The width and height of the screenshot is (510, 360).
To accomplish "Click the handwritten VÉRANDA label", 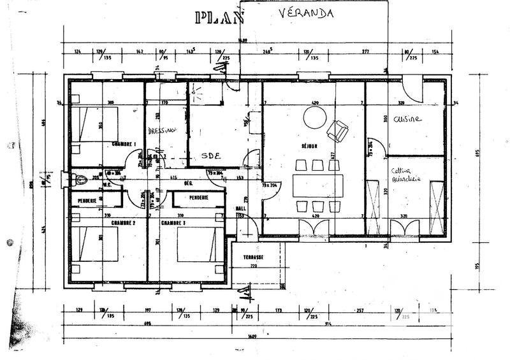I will coord(306,15).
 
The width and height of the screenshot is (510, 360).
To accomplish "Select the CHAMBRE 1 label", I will coord(123,143).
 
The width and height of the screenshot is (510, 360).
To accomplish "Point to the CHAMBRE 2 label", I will coord(124,223).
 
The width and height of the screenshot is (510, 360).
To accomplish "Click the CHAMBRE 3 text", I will coord(173,223).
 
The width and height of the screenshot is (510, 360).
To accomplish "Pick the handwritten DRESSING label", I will coord(162,131).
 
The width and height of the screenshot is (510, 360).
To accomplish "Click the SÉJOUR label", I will coord(309,146).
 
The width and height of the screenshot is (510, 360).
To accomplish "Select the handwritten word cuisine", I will coord(406,119).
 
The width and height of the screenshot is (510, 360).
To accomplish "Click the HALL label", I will coord(240,207).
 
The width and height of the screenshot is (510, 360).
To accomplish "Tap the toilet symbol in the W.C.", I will coord(80,180).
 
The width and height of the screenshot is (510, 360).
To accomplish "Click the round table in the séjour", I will coord(314,117).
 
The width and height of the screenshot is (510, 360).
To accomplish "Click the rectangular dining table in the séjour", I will coord(317,185).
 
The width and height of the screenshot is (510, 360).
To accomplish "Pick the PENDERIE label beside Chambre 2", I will coord(87,201).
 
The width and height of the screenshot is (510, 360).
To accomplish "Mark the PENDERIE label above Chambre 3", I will coord(199,198).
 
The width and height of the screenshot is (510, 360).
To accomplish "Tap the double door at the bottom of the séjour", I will coord(314,227).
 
